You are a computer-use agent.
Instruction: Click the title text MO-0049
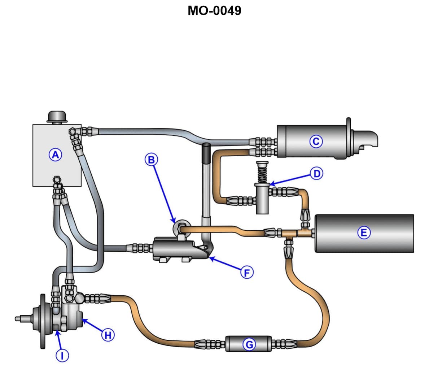click(214, 10)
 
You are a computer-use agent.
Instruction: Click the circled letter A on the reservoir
click(55, 155)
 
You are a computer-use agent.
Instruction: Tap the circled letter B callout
click(152, 159)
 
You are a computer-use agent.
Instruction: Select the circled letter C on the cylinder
click(316, 141)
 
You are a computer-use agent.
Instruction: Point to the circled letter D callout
click(316, 174)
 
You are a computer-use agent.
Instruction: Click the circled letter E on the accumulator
click(363, 232)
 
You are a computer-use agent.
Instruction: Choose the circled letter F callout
click(247, 273)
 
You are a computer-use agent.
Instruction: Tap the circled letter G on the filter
click(249, 345)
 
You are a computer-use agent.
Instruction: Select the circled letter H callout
click(108, 335)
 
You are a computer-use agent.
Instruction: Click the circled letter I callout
click(62, 356)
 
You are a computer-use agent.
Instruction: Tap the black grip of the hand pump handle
click(206, 153)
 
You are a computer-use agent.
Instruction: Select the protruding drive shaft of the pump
click(23, 318)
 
